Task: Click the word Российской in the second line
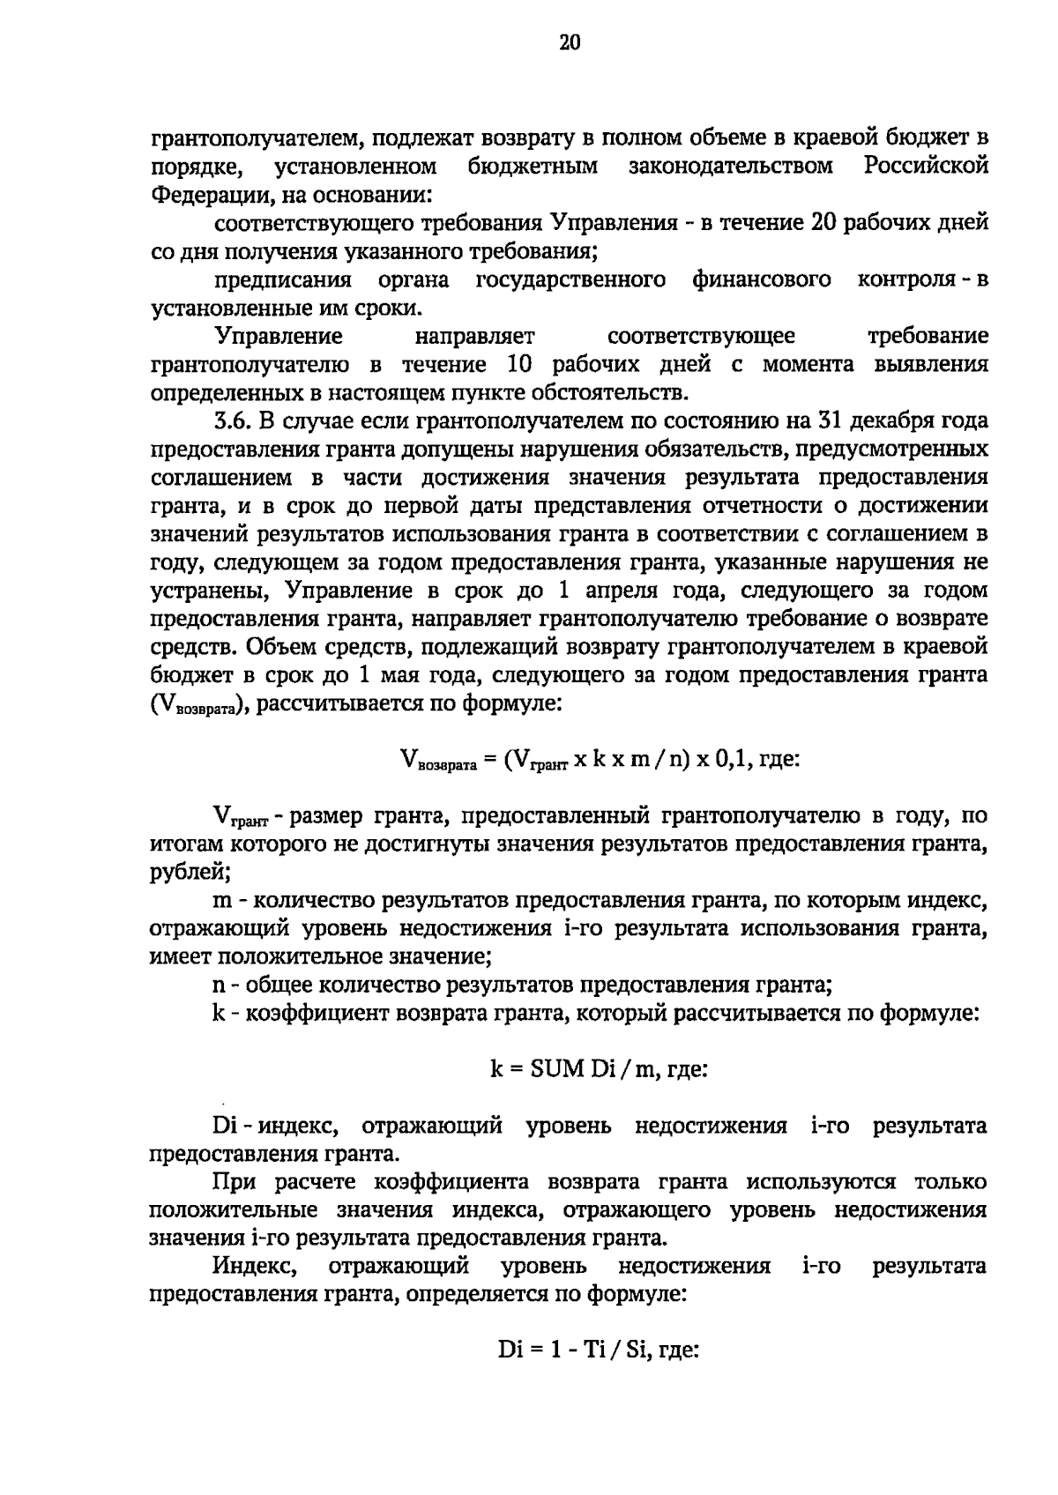[926, 166]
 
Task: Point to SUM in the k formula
[556, 1069]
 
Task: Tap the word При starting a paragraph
[233, 1182]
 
